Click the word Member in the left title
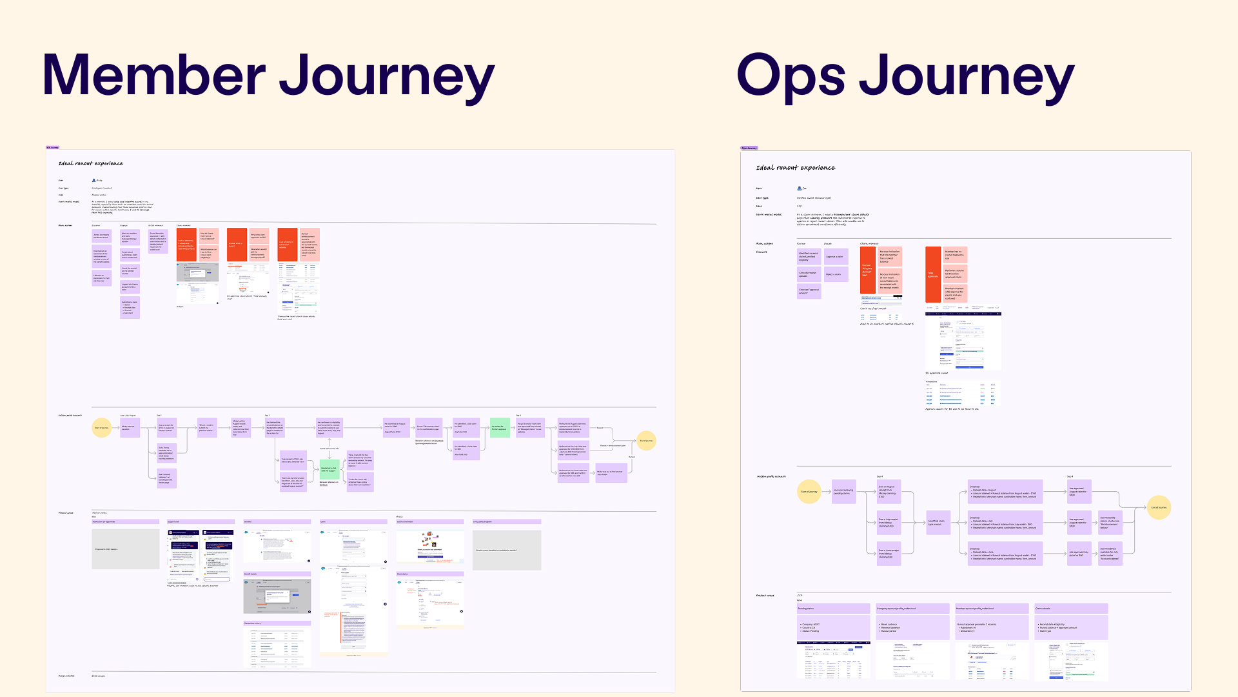tap(154, 76)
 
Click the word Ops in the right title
tap(790, 76)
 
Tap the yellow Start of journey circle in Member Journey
tap(102, 427)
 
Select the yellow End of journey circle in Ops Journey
tap(1159, 507)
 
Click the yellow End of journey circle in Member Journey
tap(646, 441)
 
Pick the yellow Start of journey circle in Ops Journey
tap(809, 492)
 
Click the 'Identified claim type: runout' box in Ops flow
tap(935, 523)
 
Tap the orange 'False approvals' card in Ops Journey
tap(933, 275)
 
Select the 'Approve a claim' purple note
tap(836, 257)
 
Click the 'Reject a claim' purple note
tap(836, 274)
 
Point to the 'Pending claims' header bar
tap(833, 609)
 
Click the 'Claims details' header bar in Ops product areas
tap(1071, 609)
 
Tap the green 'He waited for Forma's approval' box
tap(500, 427)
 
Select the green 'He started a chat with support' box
tap(329, 469)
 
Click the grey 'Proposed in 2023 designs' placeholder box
tap(125, 549)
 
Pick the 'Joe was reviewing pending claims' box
tap(843, 492)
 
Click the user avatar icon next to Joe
tap(800, 188)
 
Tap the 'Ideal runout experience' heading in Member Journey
tap(90, 164)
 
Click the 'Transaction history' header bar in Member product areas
tap(277, 623)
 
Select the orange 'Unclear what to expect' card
tap(237, 245)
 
